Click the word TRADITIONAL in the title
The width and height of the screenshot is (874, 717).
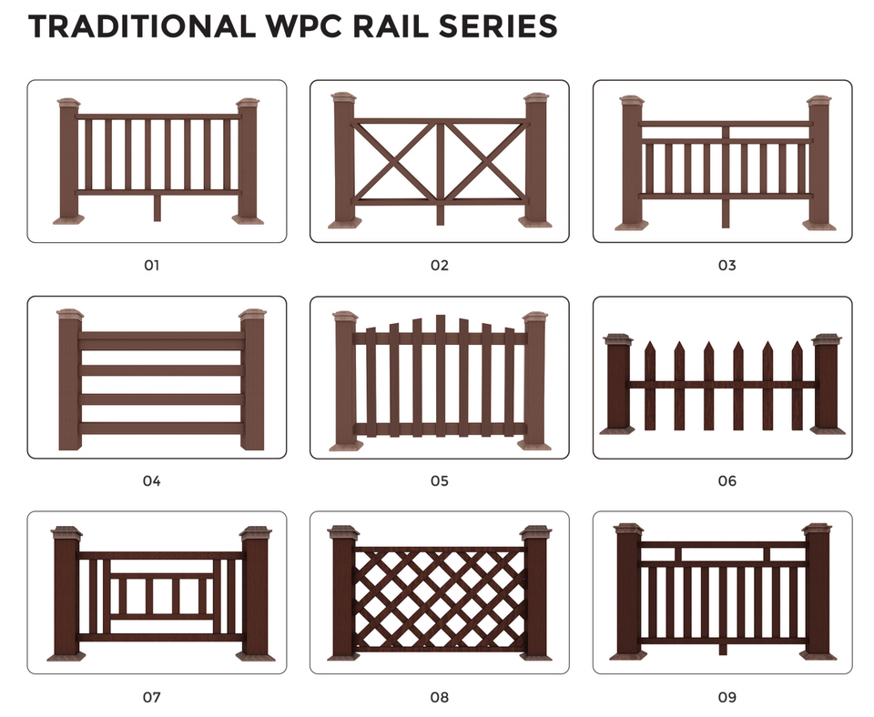pos(142,26)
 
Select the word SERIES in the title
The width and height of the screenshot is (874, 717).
pos(498,26)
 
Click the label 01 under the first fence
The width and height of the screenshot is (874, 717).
pos(152,265)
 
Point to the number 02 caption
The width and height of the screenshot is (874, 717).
pos(439,265)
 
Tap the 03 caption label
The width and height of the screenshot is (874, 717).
pos(727,265)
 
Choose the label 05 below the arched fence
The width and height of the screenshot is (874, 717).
pos(439,480)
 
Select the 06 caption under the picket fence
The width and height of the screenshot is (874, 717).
pos(727,480)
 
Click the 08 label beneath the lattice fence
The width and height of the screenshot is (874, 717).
pos(439,697)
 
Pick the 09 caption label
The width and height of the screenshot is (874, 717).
pos(727,697)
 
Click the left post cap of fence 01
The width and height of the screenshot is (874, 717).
pos(69,103)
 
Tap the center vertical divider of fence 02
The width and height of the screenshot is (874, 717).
pos(440,173)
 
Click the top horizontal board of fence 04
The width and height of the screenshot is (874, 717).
pos(162,340)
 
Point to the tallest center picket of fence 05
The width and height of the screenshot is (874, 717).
pos(441,375)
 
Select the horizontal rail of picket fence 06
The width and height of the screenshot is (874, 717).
pos(722,384)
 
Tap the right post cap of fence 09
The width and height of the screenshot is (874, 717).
pos(818,528)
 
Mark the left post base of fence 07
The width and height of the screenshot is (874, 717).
pos(66,657)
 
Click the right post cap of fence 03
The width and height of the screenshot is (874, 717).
pos(819,101)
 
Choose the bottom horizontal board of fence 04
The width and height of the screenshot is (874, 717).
pos(162,429)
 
